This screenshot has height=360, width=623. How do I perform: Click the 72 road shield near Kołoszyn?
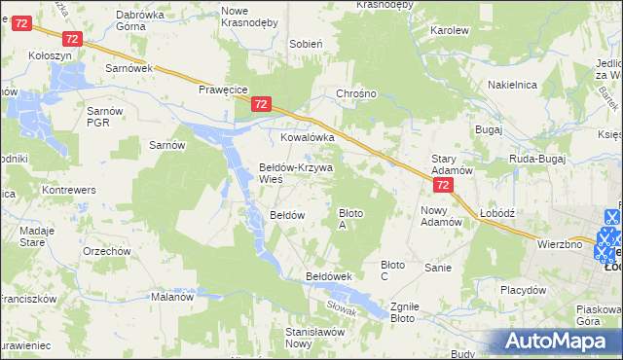pyautogui.click(x=71, y=38)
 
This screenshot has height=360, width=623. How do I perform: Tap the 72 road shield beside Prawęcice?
pyautogui.click(x=260, y=104)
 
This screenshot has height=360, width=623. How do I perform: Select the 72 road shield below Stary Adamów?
pyautogui.click(x=443, y=185)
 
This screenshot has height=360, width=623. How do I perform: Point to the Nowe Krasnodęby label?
pyautogui.click(x=247, y=16)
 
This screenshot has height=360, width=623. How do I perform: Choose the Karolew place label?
pyautogui.click(x=449, y=30)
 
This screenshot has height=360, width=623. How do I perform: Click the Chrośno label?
pyautogui.click(x=355, y=94)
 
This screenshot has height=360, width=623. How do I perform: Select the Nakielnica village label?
pyautogui.click(x=513, y=86)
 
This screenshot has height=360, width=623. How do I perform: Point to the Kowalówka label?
pyautogui.click(x=308, y=138)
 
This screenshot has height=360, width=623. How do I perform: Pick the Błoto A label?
pyautogui.click(x=350, y=218)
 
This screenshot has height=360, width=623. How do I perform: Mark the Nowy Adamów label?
pyautogui.click(x=440, y=215)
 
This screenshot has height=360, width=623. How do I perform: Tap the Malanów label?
pyautogui.click(x=172, y=298)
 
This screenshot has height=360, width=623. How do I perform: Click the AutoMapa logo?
pyautogui.click(x=554, y=341)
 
